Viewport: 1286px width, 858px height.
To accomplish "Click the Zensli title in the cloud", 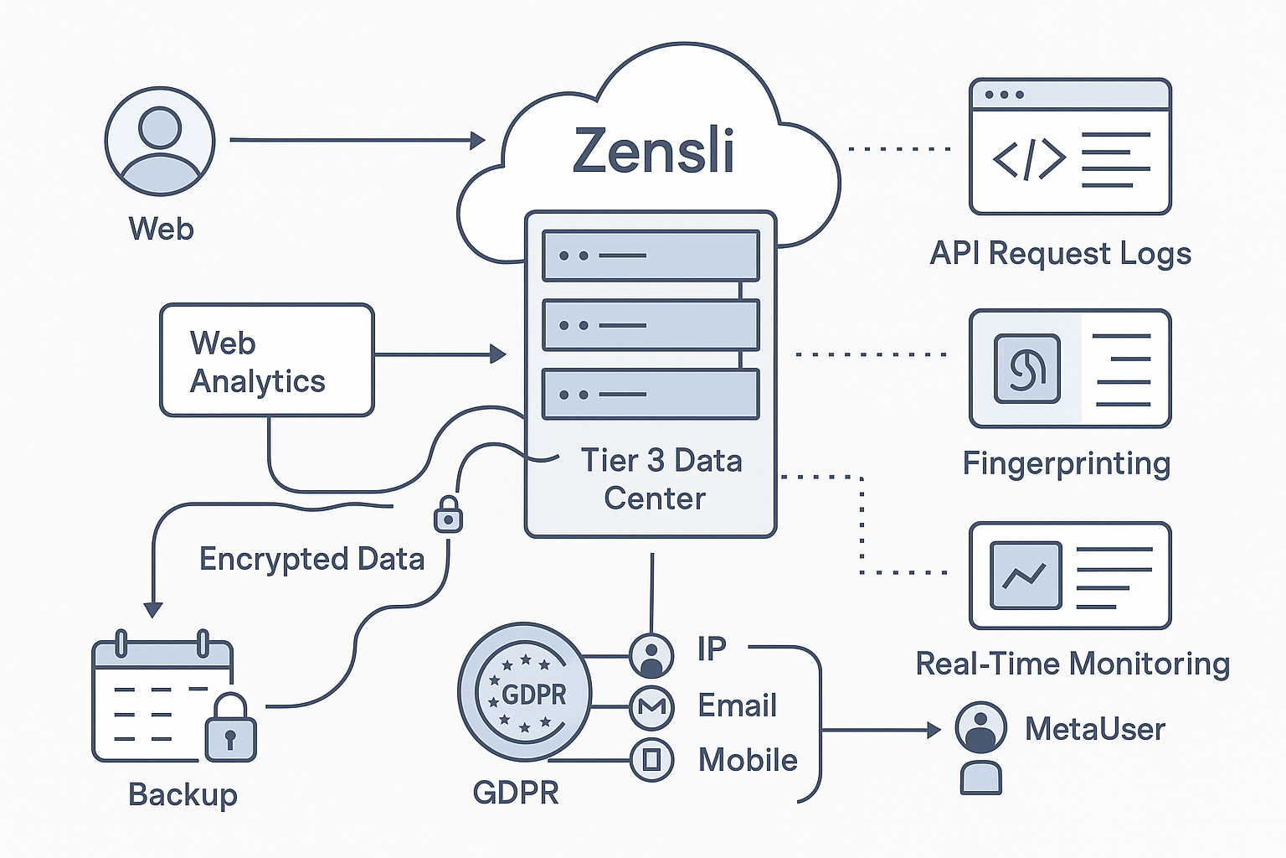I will tap(653, 152).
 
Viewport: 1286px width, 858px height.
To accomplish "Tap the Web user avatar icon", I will tap(160, 142).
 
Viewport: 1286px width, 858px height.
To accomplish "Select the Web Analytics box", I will tap(266, 360).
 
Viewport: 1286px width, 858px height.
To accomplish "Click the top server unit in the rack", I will tap(651, 256).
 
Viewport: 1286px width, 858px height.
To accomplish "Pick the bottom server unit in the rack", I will tap(651, 394).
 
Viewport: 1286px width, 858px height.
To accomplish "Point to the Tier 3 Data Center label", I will tap(660, 479).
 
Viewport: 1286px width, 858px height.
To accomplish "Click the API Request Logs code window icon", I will tap(1069, 147).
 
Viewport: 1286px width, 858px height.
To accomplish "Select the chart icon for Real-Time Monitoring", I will tap(1025, 576).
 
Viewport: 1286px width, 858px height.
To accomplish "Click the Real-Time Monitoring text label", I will tap(1073, 664).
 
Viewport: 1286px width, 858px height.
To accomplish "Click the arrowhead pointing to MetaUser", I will tap(934, 731).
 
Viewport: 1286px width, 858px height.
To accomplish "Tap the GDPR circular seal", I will tap(525, 693).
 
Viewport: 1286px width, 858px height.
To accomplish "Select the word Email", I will tap(737, 706).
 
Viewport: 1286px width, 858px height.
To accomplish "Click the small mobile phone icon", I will tap(651, 760).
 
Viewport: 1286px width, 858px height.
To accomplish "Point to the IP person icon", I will tap(651, 655).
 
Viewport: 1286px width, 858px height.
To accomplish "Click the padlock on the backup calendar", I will tap(230, 729).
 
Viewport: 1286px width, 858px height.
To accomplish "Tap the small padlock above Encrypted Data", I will tap(448, 514).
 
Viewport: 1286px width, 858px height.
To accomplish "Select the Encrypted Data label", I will tap(311, 559).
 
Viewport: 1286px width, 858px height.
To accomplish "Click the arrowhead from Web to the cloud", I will tap(478, 140).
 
